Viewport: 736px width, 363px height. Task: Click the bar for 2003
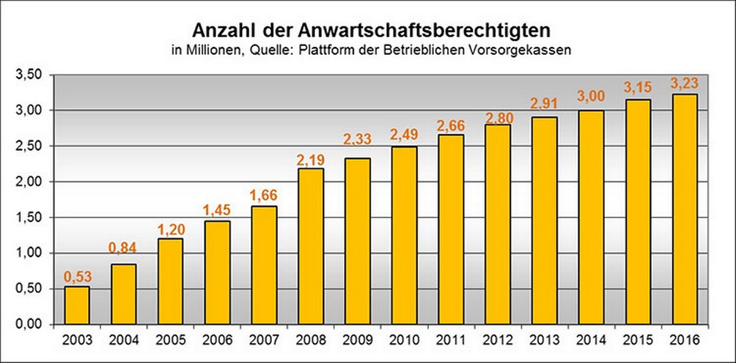77,305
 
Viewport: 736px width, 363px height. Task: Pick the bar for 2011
451,229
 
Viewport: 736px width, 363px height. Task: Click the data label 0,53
77,277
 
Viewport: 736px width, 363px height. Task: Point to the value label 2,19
311,159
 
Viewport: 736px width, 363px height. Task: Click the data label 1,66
264,197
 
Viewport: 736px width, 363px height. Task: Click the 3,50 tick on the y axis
31,75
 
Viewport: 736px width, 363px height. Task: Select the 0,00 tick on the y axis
31,324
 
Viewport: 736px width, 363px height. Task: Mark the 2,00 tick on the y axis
31,181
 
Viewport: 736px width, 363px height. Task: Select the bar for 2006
217,272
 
